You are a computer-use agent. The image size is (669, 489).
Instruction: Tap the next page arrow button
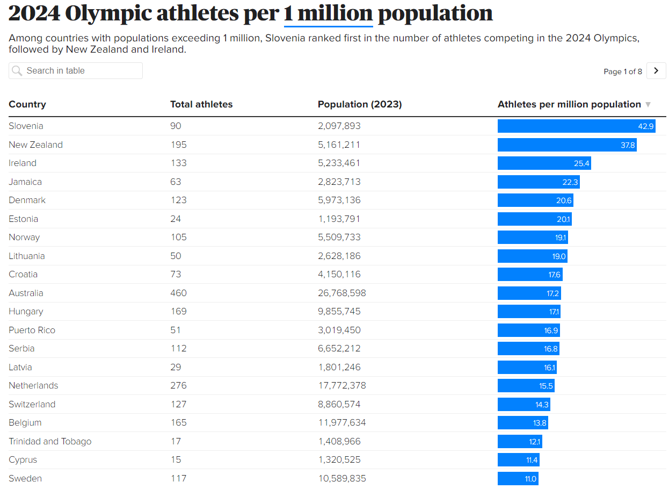click(x=656, y=71)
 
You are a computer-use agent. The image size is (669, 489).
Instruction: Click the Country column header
click(x=27, y=104)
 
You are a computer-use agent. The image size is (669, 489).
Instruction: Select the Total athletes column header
click(x=201, y=104)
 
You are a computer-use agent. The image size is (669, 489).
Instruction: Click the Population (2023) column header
click(x=360, y=104)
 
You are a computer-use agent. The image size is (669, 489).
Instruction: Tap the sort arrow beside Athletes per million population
click(x=648, y=105)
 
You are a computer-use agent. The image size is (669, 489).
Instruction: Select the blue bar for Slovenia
click(x=576, y=126)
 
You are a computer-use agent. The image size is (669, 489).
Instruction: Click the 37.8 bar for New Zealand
click(x=567, y=145)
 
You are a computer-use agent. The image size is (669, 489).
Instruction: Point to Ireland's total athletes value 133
click(x=178, y=163)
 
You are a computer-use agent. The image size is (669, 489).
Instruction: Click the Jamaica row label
click(x=25, y=182)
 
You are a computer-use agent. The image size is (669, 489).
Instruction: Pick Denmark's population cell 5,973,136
click(x=339, y=200)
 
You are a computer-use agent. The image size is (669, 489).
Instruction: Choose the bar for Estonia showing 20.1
click(x=534, y=219)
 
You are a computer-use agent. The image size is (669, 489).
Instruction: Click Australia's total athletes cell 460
click(x=178, y=293)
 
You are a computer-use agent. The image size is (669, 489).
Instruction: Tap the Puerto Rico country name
click(x=32, y=330)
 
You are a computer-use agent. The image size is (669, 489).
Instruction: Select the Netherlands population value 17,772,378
click(x=342, y=386)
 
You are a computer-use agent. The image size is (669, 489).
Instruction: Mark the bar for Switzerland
click(x=523, y=405)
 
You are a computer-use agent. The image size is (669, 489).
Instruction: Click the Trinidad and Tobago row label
click(x=50, y=442)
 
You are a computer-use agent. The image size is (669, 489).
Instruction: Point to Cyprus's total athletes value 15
click(x=176, y=460)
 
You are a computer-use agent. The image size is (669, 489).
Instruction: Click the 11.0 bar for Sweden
click(x=518, y=479)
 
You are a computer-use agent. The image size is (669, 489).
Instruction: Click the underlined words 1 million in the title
click(x=328, y=13)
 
